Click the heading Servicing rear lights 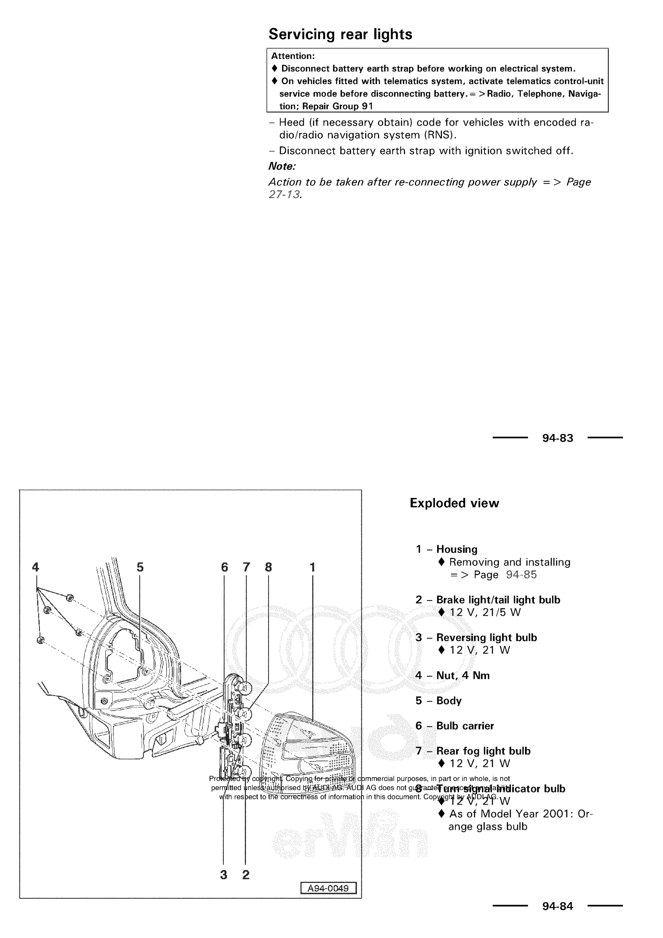(x=340, y=34)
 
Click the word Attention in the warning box (x=292, y=56)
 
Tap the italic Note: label (x=282, y=166)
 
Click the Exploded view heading (x=454, y=503)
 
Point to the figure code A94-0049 (x=328, y=888)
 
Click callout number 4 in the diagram (x=36, y=567)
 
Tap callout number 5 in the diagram (x=140, y=567)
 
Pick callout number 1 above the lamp (x=312, y=567)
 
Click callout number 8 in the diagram (x=268, y=567)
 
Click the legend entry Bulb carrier (x=465, y=726)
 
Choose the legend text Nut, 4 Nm (x=463, y=676)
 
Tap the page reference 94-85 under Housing (x=521, y=575)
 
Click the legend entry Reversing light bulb (x=486, y=638)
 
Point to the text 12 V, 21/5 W (x=485, y=612)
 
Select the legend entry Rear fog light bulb (x=483, y=751)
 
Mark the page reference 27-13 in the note (x=285, y=194)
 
